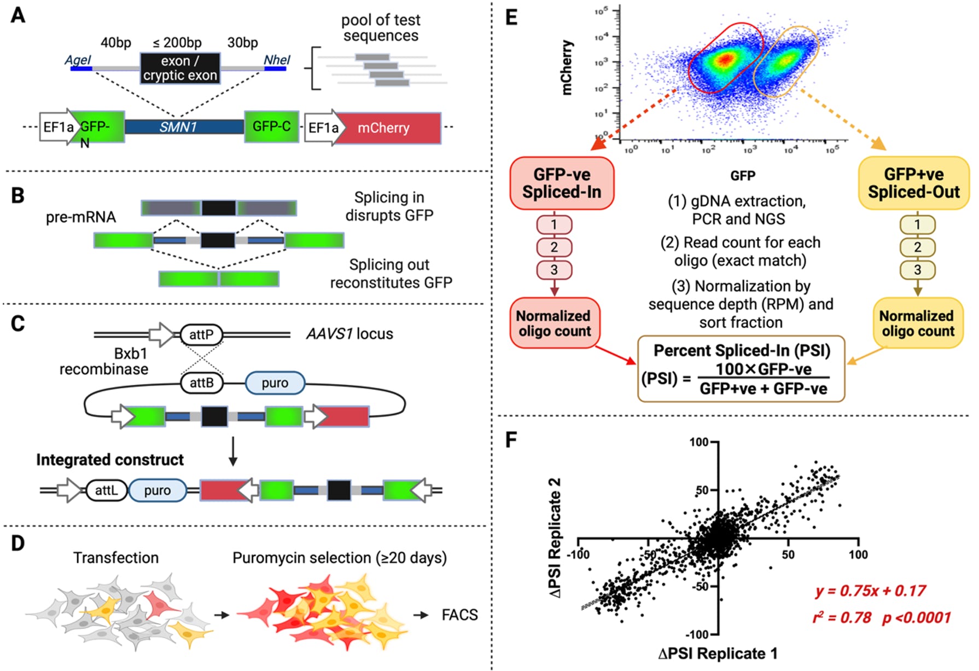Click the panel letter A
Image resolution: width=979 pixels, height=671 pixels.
[x=18, y=15]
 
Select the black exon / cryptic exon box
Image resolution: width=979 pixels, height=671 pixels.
[x=180, y=68]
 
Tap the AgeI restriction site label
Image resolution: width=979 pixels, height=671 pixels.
[x=78, y=60]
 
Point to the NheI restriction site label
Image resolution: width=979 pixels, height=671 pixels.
[x=277, y=60]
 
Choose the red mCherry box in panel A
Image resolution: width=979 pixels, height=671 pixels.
[x=388, y=128]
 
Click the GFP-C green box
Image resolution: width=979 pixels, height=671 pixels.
[x=271, y=126]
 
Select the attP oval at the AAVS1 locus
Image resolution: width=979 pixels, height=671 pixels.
[x=201, y=334]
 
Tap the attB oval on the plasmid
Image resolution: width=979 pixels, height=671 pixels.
[x=201, y=383]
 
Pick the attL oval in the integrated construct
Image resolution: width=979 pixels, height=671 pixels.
[x=106, y=490]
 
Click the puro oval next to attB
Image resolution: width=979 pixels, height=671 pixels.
[x=275, y=383]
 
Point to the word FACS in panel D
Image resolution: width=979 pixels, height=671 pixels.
[x=459, y=615]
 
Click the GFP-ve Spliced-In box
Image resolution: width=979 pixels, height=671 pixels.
[x=562, y=183]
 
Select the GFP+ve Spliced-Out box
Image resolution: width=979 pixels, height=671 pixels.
[x=913, y=183]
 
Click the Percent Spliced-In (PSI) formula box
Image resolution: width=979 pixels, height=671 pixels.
[x=741, y=369]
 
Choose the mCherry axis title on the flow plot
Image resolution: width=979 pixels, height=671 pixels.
[x=567, y=67]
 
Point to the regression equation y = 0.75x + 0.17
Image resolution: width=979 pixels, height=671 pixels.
[x=870, y=591]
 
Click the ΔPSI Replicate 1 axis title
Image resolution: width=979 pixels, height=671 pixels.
[x=718, y=653]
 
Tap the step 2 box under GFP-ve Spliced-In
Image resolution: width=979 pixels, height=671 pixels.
[x=554, y=247]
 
